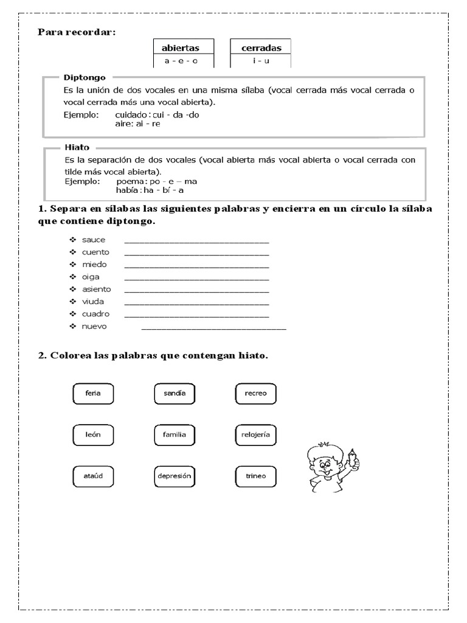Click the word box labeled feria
tap(93, 394)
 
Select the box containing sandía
tap(175, 394)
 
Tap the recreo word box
tap(255, 394)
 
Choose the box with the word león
tap(93, 435)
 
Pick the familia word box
tap(175, 435)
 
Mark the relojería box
tap(255, 435)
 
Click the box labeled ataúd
tap(93, 476)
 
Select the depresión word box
tap(175, 476)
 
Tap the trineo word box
tap(255, 476)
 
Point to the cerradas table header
tap(261, 48)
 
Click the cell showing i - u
tap(261, 61)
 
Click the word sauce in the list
tap(94, 240)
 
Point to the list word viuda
tap(94, 301)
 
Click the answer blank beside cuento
tap(196, 252)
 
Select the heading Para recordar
tap(77, 32)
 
